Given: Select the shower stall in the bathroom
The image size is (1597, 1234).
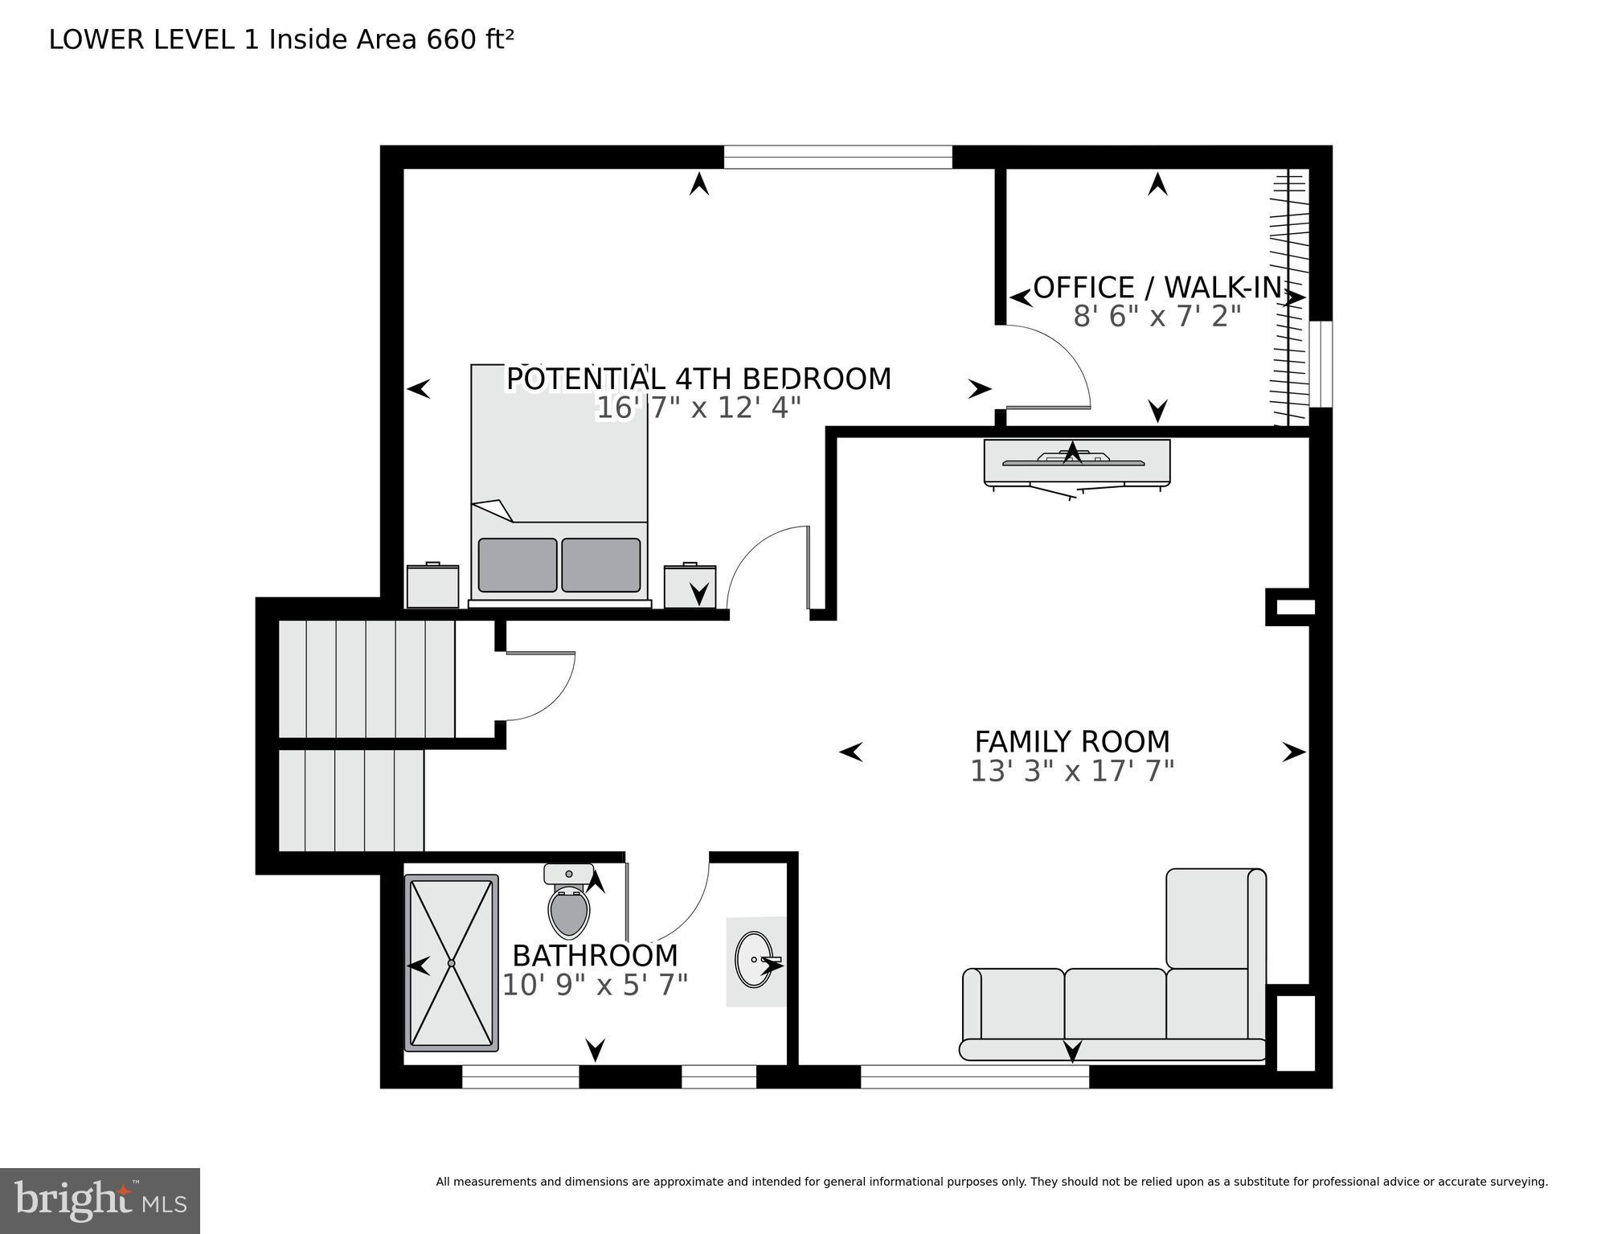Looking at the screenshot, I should (451, 962).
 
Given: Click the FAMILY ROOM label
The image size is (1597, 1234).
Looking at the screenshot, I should (1071, 741).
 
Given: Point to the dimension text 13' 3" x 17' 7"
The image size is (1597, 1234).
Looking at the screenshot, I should (1071, 772).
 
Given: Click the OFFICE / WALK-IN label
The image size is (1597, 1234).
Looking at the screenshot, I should (1157, 288).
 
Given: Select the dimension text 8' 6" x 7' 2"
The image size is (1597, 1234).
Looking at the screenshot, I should (1157, 317).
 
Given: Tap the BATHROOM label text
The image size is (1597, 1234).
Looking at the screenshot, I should (595, 956).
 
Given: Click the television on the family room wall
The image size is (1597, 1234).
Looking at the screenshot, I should (1076, 463).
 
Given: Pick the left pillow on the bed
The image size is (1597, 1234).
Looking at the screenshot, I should (517, 565).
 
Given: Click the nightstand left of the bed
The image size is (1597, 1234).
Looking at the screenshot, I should (432, 586).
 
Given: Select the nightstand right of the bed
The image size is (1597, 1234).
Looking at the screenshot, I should (689, 586).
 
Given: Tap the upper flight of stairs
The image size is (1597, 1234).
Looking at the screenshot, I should (366, 678).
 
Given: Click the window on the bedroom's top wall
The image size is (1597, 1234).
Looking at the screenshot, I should (837, 157).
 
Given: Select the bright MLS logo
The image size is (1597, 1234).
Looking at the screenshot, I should (100, 1201).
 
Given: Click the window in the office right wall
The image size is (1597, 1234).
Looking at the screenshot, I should (1321, 363).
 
